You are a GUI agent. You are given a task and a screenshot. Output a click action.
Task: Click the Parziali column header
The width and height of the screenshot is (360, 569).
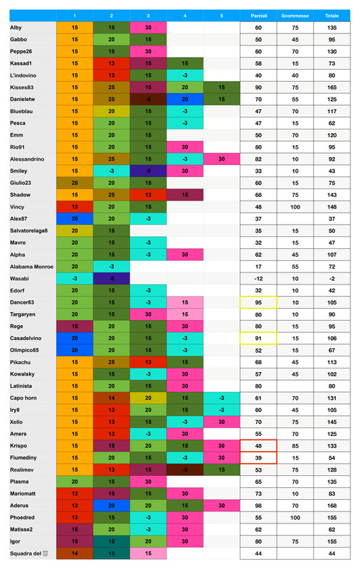click(258, 15)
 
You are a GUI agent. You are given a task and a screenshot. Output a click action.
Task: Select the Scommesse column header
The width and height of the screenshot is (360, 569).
click(295, 15)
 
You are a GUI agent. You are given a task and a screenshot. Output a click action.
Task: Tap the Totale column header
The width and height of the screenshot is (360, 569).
click(332, 15)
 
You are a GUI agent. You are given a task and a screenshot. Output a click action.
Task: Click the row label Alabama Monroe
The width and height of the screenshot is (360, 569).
click(32, 266)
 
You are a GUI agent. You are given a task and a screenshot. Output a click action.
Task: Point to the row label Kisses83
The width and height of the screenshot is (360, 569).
click(23, 87)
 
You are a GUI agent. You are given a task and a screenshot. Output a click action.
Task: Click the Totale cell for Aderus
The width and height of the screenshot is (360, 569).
click(332, 505)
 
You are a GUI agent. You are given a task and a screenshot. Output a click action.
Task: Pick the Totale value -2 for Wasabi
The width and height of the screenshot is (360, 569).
click(332, 278)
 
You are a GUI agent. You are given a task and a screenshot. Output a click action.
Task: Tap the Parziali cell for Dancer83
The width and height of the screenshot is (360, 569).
click(258, 302)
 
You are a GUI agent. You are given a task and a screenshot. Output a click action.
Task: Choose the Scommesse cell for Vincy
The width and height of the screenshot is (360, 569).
click(295, 206)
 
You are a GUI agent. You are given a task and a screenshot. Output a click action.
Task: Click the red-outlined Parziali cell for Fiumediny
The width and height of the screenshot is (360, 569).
click(258, 457)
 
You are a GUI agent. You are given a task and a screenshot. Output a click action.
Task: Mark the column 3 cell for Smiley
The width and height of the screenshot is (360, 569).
click(149, 171)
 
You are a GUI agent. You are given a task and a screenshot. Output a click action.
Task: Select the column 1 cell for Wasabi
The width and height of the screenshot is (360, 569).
click(75, 278)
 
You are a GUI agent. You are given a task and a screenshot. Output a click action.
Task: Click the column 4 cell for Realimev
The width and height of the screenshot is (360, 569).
click(185, 469)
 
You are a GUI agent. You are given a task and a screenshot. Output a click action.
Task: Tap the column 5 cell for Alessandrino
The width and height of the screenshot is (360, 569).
click(221, 159)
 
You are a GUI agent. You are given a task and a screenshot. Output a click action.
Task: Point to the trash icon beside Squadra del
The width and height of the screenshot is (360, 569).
click(46, 553)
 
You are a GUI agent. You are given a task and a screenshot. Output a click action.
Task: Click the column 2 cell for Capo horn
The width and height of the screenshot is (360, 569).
click(112, 398)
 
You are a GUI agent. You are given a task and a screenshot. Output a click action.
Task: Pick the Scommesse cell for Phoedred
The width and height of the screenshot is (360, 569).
click(295, 517)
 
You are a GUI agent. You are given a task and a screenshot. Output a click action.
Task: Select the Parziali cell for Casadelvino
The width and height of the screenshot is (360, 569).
click(258, 338)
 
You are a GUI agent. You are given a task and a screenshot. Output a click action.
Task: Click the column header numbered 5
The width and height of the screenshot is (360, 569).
click(221, 15)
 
